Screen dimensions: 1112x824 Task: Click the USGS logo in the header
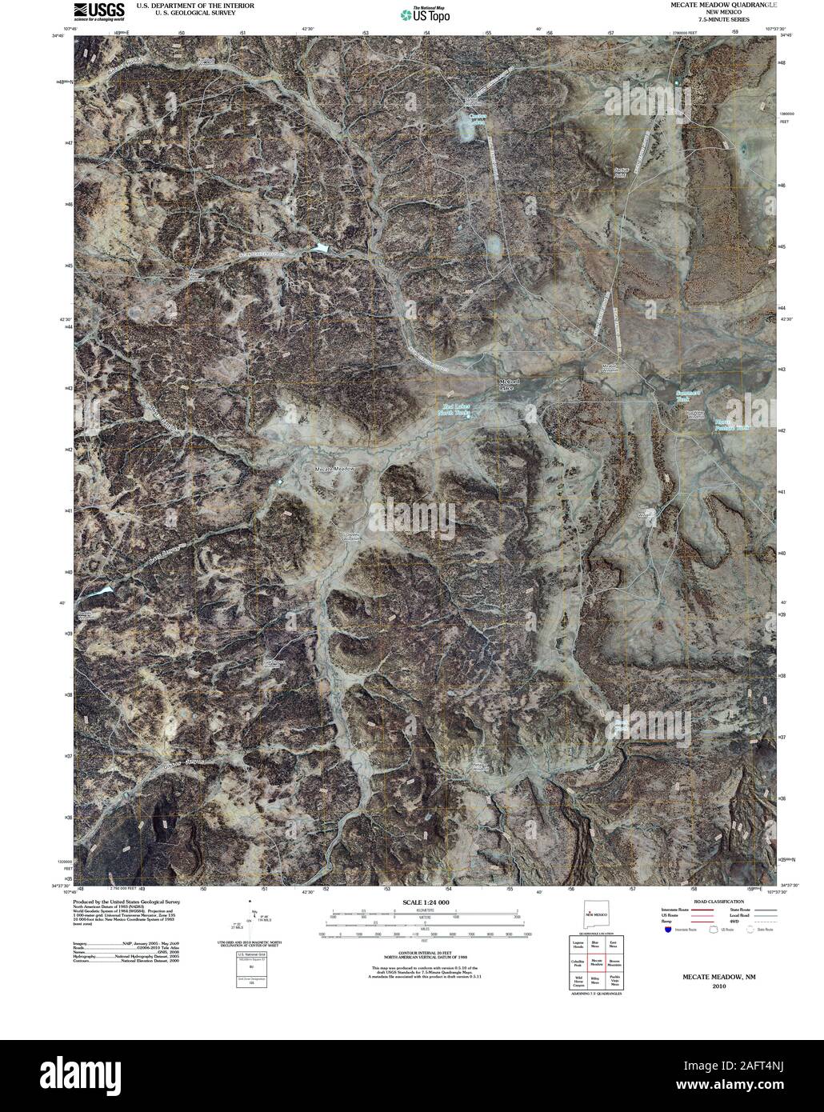(99, 9)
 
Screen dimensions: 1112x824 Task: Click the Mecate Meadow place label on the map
(334, 468)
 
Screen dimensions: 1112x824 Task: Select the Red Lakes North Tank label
(457, 410)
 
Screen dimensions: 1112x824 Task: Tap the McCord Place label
(510, 385)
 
